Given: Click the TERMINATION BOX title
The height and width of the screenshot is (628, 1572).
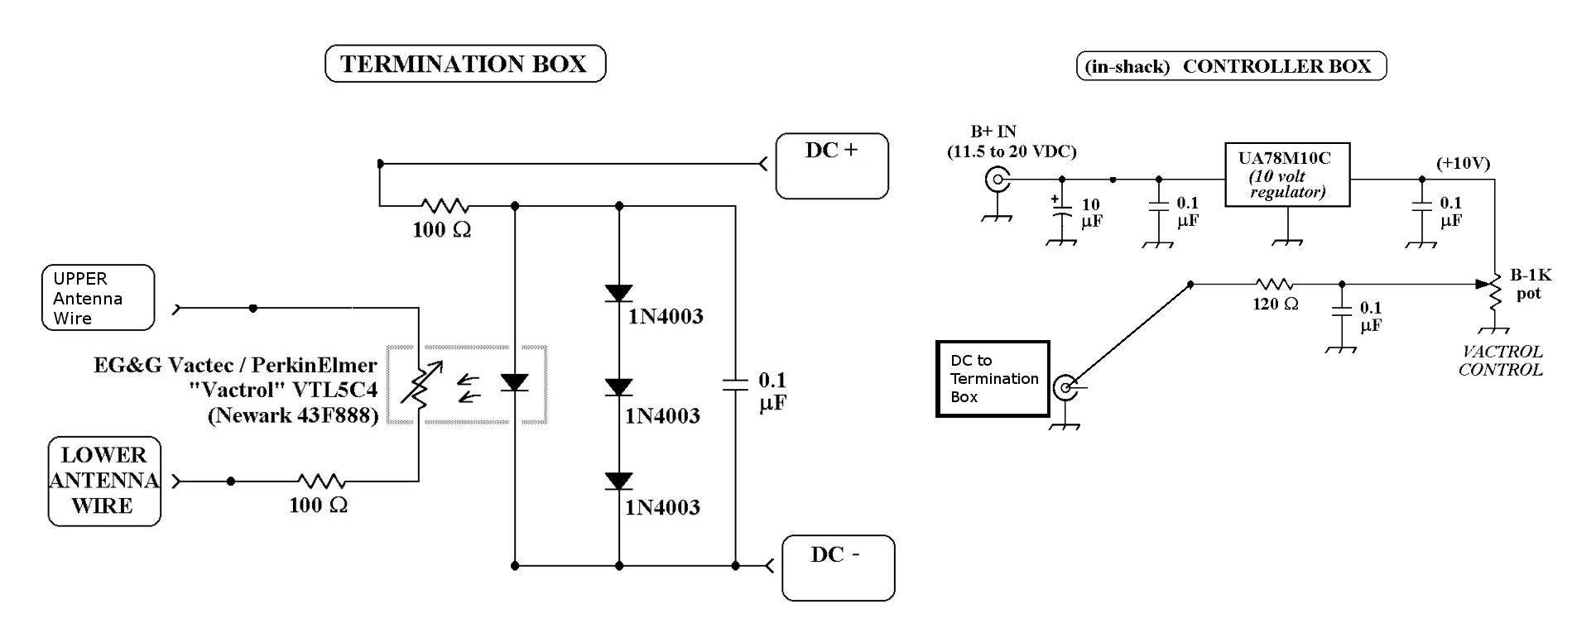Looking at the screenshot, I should pos(464,64).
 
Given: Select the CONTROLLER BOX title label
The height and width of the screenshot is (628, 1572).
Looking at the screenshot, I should pos(1230,66).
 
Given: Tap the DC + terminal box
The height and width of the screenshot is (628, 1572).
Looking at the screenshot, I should pos(831,165).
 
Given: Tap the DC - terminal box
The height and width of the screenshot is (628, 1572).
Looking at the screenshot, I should pos(838,567).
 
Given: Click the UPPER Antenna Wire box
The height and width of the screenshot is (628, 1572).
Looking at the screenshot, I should pos(98,298).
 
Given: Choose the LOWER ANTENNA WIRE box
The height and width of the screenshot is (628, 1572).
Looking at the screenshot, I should pos(103,481).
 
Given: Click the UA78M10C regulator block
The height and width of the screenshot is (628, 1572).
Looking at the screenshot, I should pos(1286,175).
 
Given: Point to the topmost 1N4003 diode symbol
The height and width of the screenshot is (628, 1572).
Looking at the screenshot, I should pos(618,293).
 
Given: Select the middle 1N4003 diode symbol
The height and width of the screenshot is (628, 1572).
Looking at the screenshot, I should pos(618,387).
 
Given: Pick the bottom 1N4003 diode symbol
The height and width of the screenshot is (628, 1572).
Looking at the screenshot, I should pos(618,481).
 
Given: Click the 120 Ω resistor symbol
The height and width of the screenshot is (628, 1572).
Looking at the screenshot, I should pos(1274,284).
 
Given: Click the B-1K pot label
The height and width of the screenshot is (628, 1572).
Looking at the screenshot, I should pos(1530,284).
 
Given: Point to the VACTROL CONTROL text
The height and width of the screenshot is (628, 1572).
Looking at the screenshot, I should pos(1500,361).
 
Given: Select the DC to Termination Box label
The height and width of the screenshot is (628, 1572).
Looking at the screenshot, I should pos(993,379).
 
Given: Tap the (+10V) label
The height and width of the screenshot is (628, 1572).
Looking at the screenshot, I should pos(1463,163).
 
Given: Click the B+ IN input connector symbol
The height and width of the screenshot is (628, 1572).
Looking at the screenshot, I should pos(997,179).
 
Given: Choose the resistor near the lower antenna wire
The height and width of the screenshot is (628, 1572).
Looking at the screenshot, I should pos(321,481).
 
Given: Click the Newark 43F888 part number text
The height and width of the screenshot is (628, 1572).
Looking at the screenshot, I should pos(293,415).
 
